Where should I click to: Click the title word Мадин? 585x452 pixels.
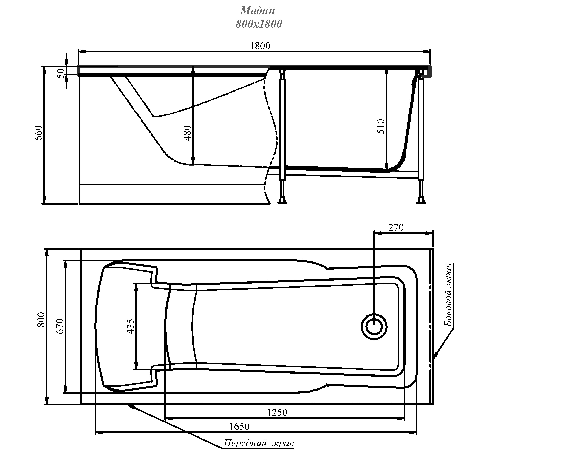coord(257,11)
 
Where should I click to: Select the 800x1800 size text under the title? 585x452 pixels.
coord(259,24)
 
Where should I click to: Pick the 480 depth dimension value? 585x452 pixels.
coord(187,133)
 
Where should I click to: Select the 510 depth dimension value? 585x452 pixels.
coord(381,126)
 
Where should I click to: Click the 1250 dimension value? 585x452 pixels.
coord(277,412)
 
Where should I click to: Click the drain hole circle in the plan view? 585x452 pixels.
coord(374,327)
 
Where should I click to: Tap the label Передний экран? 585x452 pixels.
coord(259,443)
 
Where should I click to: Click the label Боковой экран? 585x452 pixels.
coord(448,295)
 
